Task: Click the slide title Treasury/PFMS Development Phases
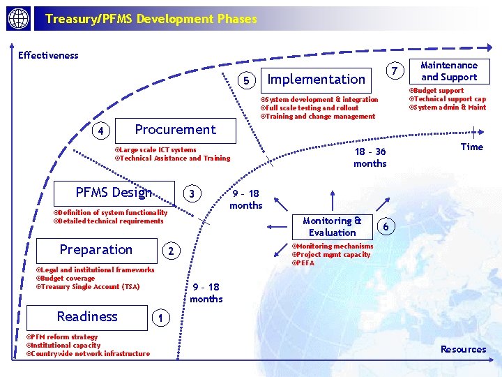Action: click(151, 19)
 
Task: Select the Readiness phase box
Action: click(87, 317)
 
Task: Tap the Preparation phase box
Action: click(96, 250)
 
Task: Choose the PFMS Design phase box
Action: click(114, 192)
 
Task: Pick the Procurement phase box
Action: click(175, 129)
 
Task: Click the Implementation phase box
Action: click(317, 79)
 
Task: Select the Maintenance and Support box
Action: click(449, 71)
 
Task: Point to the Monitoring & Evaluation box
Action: click(332, 226)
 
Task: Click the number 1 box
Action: click(160, 318)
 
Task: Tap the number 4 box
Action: click(102, 131)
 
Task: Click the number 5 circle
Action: click(246, 81)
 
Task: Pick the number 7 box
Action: click(395, 72)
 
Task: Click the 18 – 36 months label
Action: click(370, 158)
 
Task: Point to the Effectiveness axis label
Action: click(48, 55)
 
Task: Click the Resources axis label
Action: click(463, 349)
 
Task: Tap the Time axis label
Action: click(472, 147)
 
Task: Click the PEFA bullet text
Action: click(305, 263)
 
